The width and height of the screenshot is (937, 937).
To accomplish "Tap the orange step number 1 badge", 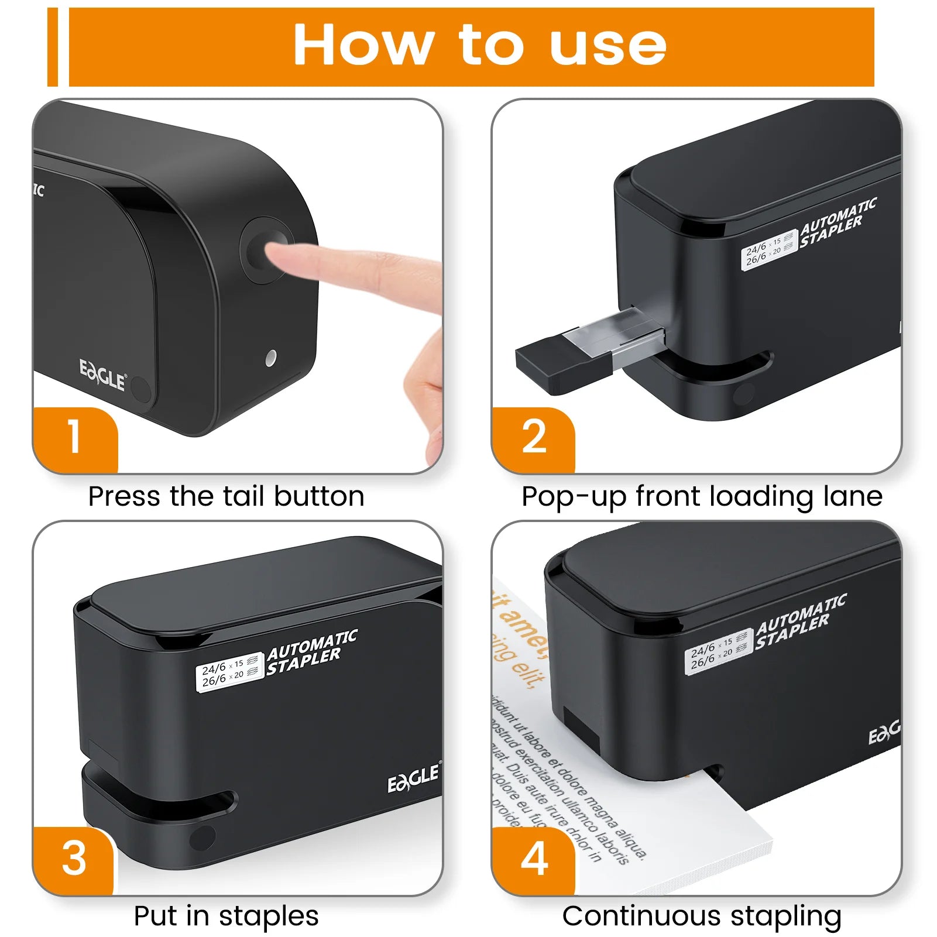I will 74,437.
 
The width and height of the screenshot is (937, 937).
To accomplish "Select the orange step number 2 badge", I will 533,437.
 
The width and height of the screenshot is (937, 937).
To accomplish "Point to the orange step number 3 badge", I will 74,859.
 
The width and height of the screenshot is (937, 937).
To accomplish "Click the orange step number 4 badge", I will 533,859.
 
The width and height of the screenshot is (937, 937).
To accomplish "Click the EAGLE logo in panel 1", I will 102,375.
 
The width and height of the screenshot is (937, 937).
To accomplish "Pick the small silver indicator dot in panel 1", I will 270,358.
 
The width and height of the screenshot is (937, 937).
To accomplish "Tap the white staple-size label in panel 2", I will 768,250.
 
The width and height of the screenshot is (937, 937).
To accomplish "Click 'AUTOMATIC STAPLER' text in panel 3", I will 311,653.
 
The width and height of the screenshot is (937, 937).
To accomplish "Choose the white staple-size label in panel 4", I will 718,652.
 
